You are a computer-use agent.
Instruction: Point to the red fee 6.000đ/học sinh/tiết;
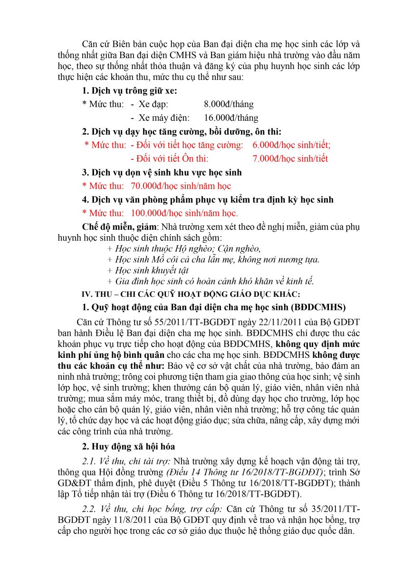(x=291, y=145)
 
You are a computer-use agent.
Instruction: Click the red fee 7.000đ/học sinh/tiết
(x=290, y=158)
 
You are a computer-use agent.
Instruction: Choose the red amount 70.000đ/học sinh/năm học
(x=181, y=186)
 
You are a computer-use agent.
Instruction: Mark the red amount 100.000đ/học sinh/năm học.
(x=184, y=213)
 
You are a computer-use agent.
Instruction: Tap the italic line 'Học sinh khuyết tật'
(x=145, y=270)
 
